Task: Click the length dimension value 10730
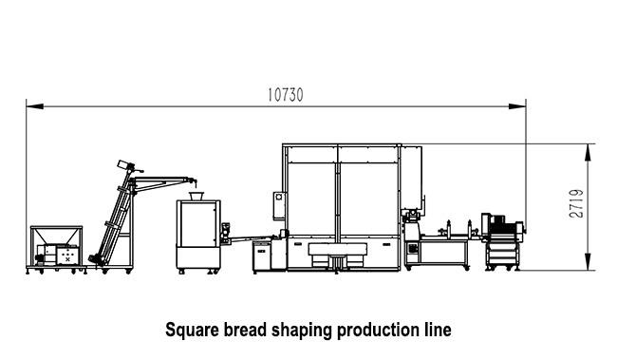[286, 95]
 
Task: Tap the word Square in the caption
[193, 331]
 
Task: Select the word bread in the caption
[246, 331]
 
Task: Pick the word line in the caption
[436, 331]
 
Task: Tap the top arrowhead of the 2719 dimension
[590, 147]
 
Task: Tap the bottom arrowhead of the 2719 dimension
[590, 268]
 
